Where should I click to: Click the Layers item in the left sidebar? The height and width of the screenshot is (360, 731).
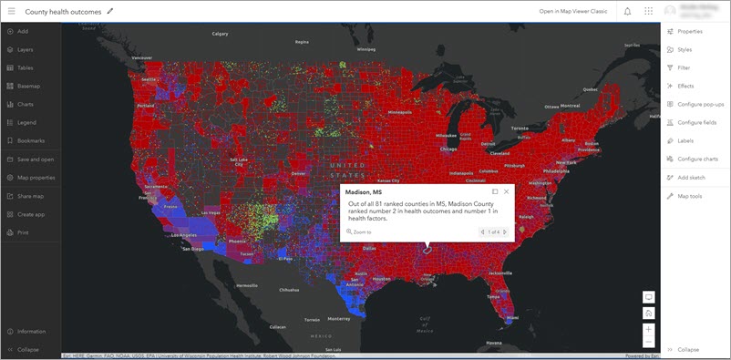[26, 49]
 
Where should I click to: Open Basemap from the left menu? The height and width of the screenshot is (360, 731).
[28, 86]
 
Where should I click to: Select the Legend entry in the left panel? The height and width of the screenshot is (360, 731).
[26, 122]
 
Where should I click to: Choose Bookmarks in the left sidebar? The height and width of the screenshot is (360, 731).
[31, 140]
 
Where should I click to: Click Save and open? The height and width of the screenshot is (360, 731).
[35, 159]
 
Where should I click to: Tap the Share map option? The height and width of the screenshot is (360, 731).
[30, 196]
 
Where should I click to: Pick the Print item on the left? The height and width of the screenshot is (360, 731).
[23, 232]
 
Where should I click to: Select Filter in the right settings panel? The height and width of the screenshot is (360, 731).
[684, 67]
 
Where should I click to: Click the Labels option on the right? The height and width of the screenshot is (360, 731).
[685, 140]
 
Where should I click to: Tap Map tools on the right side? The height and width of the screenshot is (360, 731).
[689, 196]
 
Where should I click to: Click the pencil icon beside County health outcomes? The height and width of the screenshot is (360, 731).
[110, 11]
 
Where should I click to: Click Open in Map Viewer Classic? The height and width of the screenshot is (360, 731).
[573, 11]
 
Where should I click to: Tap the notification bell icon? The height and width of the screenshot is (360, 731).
[627, 11]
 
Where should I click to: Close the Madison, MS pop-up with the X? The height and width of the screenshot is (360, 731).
[506, 191]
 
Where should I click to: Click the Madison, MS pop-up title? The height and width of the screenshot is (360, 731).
[364, 191]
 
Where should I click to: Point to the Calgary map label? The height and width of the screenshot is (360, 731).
[220, 34]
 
